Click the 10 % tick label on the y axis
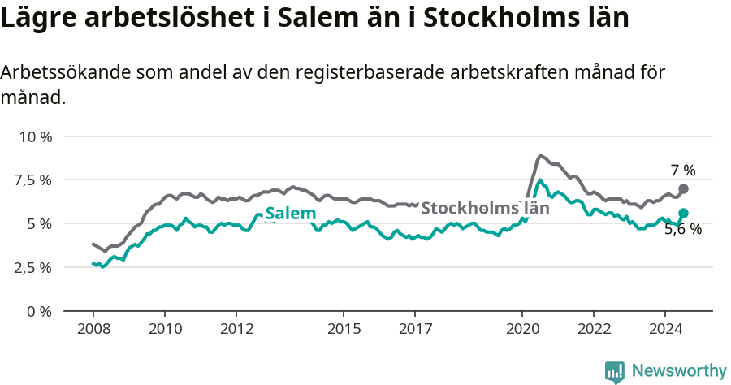35,136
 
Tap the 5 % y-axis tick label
39,223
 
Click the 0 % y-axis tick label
39,311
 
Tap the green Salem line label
291,214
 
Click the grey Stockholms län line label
485,207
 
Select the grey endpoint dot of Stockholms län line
683,188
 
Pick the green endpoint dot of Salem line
683,213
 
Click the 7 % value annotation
683,171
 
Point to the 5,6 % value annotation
683,230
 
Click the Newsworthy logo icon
615,372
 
